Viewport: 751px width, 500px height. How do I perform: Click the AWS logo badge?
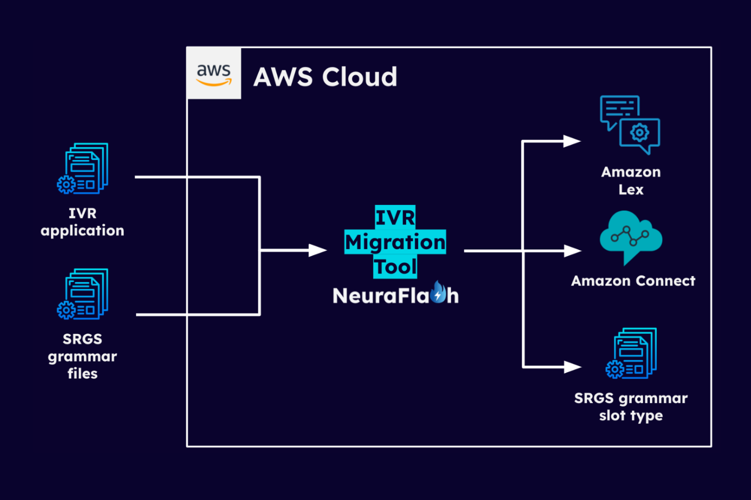pos(214,73)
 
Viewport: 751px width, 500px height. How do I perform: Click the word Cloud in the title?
pos(359,77)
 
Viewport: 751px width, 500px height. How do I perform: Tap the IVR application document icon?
pos(83,168)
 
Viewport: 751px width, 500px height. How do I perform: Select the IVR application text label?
pos(83,222)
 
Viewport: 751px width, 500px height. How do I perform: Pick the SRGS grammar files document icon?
pos(83,294)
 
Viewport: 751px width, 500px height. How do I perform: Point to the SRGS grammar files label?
pos(83,356)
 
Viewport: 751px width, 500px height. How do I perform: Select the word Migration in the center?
pos(395,242)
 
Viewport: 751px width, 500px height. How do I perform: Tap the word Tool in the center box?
pos(395,266)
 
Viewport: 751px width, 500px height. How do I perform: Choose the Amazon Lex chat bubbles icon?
pos(630,124)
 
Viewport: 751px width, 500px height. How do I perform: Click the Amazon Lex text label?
pos(631,180)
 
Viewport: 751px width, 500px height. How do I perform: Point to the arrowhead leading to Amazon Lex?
pos(571,141)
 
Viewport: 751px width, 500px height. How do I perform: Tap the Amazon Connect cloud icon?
pos(630,235)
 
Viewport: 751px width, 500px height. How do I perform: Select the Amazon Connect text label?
pos(633,281)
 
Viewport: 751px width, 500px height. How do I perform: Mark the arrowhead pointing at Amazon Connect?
pos(572,250)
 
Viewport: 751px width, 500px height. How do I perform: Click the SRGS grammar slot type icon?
pos(631,353)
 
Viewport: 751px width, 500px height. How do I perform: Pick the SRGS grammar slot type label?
pos(631,406)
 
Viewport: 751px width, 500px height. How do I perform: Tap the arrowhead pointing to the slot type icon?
pos(572,367)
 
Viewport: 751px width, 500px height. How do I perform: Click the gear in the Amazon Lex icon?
pos(639,132)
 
